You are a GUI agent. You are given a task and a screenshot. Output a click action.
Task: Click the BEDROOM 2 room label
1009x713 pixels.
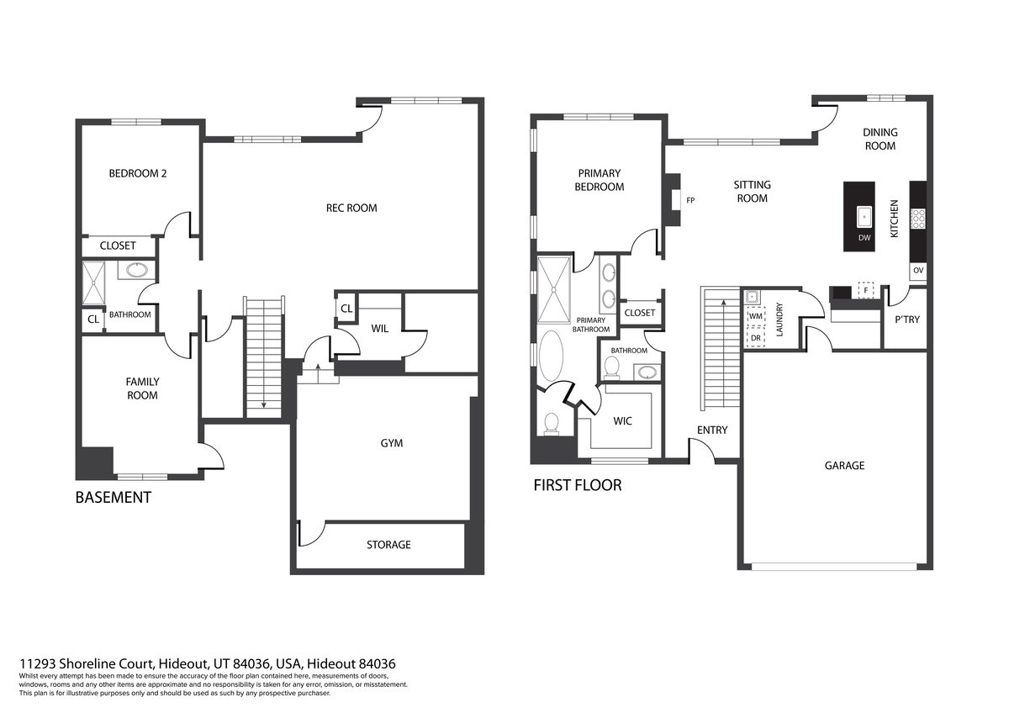[x=138, y=173]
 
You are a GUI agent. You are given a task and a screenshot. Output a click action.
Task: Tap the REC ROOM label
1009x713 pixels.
[x=351, y=208]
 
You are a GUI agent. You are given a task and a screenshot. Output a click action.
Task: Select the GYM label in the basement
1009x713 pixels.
[x=392, y=443]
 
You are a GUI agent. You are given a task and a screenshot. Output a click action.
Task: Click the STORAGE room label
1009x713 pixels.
[x=388, y=545]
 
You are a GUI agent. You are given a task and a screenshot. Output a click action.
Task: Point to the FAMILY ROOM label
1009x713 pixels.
[x=142, y=388]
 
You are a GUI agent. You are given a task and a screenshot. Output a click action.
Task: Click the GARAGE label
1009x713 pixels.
[x=844, y=466]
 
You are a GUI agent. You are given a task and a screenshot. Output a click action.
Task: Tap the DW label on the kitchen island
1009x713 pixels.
[x=864, y=237]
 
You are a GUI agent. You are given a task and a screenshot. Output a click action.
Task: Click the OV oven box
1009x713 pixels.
[x=918, y=271]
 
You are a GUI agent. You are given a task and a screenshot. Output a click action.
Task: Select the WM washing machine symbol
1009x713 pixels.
[x=756, y=316]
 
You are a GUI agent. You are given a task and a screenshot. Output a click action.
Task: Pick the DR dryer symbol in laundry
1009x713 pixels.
[x=756, y=338]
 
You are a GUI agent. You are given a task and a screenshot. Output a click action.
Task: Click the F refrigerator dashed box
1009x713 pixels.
[x=866, y=291]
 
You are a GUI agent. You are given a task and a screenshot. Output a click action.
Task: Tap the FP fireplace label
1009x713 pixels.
[x=690, y=200]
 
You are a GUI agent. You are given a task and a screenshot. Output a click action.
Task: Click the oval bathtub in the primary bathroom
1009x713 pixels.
[x=551, y=356]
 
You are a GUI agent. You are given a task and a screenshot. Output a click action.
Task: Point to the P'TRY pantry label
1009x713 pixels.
[x=906, y=320]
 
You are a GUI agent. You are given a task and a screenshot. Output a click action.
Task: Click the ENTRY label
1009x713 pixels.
[x=712, y=430]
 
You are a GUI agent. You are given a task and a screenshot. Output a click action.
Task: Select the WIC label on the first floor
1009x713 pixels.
[x=622, y=421]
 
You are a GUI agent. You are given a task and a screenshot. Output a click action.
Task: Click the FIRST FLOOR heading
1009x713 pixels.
[x=578, y=485]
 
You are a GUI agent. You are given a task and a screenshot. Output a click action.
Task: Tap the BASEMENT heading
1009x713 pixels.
[x=113, y=497]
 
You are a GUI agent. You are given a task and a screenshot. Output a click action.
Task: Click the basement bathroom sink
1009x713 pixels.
[x=136, y=270]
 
